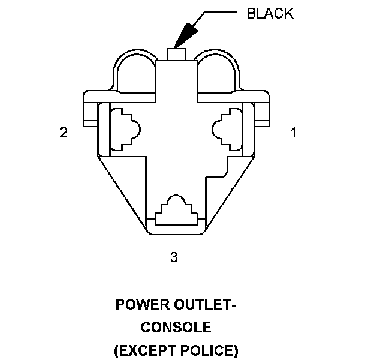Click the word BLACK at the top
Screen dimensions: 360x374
[270, 14]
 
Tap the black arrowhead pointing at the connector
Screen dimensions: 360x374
[185, 34]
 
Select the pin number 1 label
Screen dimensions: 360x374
[294, 133]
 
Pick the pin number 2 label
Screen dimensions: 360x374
[63, 133]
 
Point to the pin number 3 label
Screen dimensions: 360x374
[174, 257]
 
